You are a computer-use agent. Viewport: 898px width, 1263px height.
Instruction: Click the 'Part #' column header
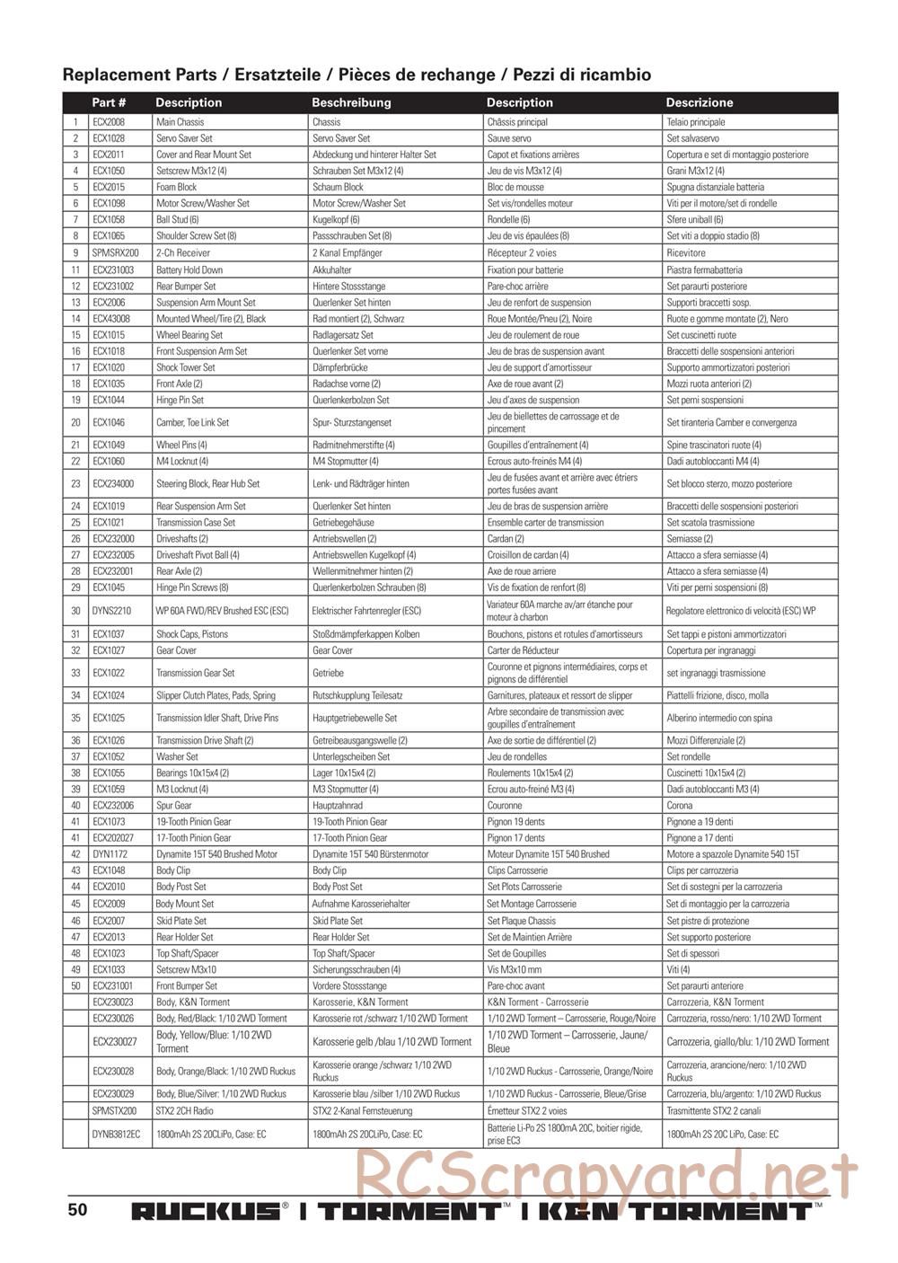pos(109,102)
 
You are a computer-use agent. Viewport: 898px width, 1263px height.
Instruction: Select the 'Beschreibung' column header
pos(351,102)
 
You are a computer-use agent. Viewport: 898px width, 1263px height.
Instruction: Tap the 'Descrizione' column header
pos(699,102)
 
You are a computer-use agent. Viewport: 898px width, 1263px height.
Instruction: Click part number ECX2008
pos(109,122)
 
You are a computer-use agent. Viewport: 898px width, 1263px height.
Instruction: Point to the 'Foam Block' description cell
pos(177,187)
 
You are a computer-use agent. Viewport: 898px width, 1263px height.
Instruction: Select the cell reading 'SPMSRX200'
pos(115,253)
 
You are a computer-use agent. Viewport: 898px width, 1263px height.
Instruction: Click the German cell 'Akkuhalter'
pos(332,269)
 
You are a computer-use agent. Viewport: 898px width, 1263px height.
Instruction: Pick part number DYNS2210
pos(111,611)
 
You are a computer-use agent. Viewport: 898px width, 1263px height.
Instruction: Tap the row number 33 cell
pos(75,673)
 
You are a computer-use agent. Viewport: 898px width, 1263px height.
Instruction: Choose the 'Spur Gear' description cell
pos(174,806)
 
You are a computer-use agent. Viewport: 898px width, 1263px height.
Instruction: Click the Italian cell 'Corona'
pos(679,806)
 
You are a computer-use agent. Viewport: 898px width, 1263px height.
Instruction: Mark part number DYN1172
pos(110,854)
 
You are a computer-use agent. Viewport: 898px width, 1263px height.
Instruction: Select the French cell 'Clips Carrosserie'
pos(517,870)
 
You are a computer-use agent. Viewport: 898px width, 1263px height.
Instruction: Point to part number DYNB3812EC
pos(116,1135)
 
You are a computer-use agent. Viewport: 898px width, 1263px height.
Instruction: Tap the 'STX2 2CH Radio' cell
pos(185,1111)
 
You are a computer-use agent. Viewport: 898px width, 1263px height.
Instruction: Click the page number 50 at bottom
pos(77,1209)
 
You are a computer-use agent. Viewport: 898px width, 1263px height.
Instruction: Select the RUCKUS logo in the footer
pos(207,1211)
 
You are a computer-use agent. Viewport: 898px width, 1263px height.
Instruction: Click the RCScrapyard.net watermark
pos(605,1176)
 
